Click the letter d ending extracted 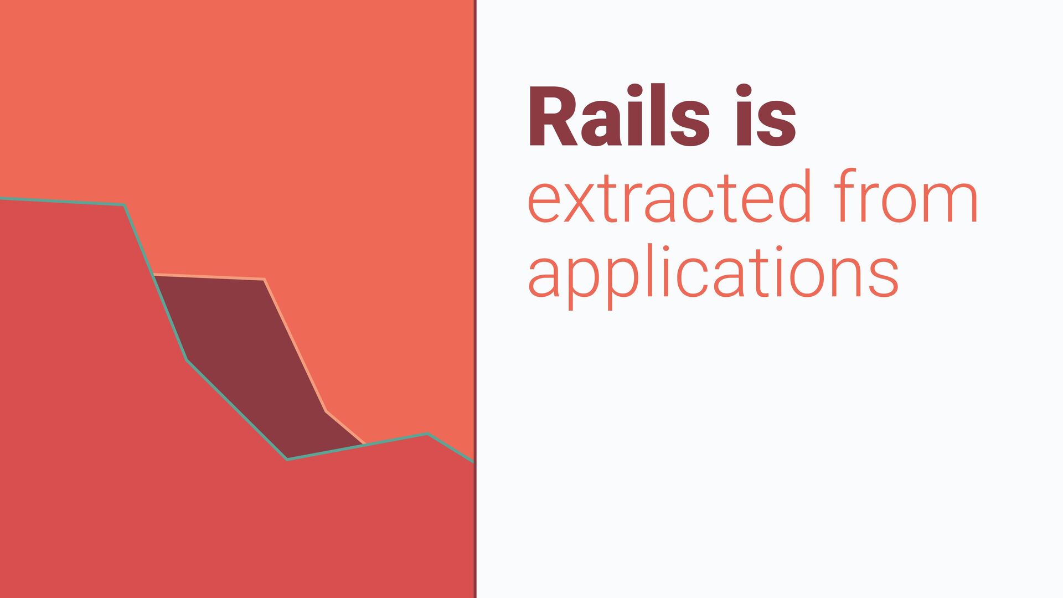coord(795,196)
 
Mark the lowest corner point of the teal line coord(287,459)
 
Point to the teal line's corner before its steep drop coord(124,205)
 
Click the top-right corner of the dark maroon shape coord(264,279)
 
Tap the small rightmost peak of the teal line coord(427,434)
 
